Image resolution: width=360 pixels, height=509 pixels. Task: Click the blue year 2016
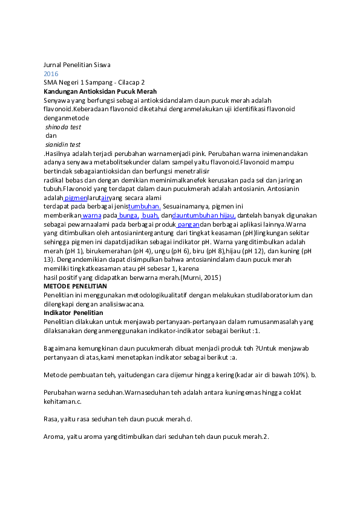coord(51,73)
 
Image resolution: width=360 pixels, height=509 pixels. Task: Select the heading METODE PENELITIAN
coord(75,286)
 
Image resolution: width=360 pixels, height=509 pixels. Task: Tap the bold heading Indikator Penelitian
coord(73,313)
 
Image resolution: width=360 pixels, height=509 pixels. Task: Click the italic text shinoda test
coord(63,127)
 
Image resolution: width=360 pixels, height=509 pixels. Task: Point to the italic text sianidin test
coord(63,145)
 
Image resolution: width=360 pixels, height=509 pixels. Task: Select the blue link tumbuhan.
coord(144,206)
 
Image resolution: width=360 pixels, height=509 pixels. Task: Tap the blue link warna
coord(91,215)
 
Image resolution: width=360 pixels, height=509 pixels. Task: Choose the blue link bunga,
coord(127,215)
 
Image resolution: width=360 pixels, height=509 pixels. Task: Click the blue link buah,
coord(150,215)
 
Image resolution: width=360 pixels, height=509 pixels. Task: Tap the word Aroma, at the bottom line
coord(55,436)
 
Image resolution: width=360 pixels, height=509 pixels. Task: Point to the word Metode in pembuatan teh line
coord(56,375)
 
